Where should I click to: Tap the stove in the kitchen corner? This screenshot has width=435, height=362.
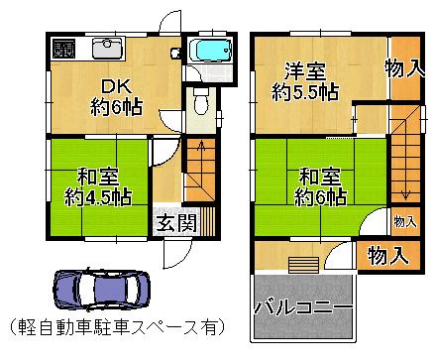[62, 49]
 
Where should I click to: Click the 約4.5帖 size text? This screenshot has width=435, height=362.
[96, 196]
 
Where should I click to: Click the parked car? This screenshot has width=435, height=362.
[98, 290]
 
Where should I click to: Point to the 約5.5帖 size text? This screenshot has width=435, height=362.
[305, 92]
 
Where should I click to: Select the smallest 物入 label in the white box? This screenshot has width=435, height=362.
[403, 220]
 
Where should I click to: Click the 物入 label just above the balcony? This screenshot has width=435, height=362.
[387, 255]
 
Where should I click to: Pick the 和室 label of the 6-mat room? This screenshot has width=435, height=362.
[319, 177]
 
